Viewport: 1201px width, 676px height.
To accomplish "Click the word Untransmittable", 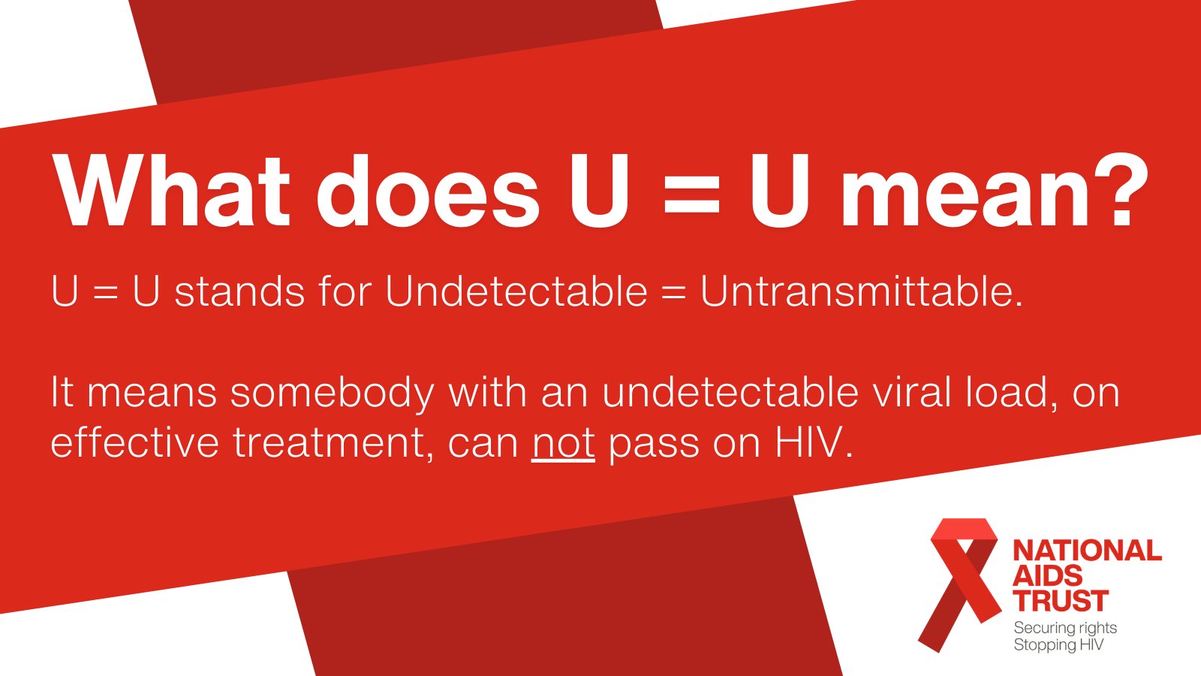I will pos(861,291).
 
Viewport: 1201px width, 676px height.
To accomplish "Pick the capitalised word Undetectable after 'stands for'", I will pos(516,291).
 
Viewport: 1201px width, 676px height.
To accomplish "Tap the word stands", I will pos(239,291).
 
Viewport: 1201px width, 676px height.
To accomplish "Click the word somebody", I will pos(332,393).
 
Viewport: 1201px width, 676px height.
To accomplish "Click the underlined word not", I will pos(563,443).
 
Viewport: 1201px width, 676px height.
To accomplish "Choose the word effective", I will pos(134,443).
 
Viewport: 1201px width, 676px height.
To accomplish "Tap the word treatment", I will pos(334,443).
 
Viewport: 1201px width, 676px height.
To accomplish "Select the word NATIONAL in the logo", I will pos(1087,551).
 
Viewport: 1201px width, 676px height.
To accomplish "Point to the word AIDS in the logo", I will pos(1048,576).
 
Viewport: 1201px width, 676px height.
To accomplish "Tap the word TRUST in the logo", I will pos(1061,602).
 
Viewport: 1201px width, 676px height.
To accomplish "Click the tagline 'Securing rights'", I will pos(1065,628).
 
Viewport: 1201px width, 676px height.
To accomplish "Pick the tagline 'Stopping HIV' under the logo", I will pos(1058,645).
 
